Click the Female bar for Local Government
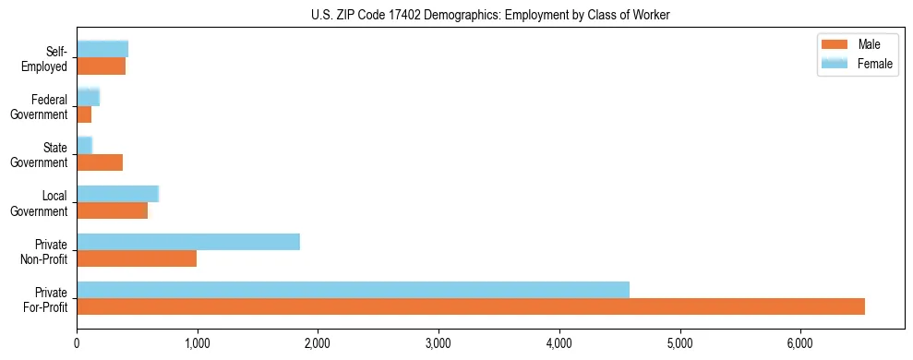pos(118,194)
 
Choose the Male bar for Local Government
pos(113,210)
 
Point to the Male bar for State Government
pos(100,162)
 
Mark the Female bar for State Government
pos(85,146)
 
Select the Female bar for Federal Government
pos(88,98)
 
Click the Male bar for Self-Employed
pos(102,66)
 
